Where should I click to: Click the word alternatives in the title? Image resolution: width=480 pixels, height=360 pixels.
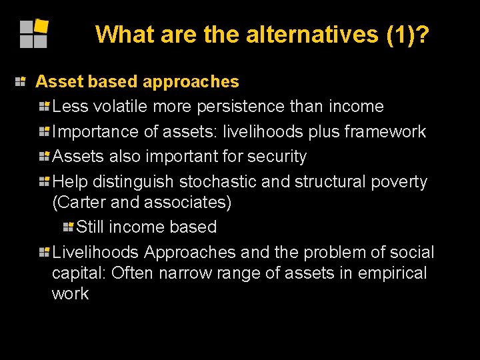[x=313, y=34]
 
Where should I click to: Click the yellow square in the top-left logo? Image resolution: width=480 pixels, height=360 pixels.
[x=41, y=26]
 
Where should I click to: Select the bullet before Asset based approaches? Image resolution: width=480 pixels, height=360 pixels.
[x=21, y=81]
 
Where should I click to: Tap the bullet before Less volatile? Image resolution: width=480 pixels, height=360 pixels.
[x=45, y=107]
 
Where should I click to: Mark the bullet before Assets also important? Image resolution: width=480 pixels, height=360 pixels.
[x=45, y=157]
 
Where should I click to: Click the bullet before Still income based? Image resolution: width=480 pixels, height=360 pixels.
[x=69, y=227]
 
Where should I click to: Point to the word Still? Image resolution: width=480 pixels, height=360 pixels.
[x=90, y=227]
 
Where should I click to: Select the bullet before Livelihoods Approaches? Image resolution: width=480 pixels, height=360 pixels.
[x=45, y=252]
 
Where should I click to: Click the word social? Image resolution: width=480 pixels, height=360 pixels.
[x=411, y=252]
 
